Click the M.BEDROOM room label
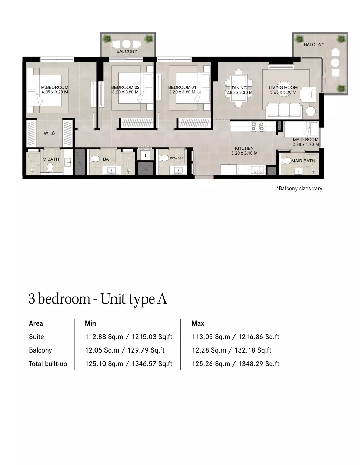click(54, 87)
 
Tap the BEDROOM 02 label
click(125, 87)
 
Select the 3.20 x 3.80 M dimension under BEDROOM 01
click(182, 92)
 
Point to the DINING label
click(239, 88)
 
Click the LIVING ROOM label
click(283, 87)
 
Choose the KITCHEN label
click(244, 148)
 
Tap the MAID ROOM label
click(306, 140)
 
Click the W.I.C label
click(49, 133)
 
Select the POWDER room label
click(177, 158)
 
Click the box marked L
click(146, 156)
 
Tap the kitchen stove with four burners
click(258, 126)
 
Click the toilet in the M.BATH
click(50, 168)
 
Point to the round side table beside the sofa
click(311, 111)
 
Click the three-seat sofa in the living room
click(284, 111)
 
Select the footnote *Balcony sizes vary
click(299, 188)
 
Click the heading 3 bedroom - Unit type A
click(98, 299)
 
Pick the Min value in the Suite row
click(129, 337)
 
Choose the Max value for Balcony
click(231, 350)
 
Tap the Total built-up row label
click(48, 364)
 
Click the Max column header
click(198, 323)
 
